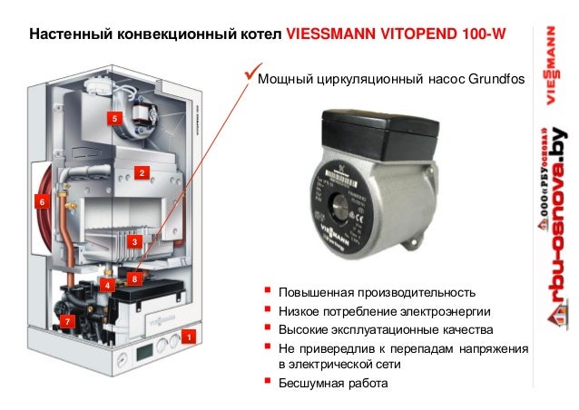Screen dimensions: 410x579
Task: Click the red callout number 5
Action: (x=113, y=119)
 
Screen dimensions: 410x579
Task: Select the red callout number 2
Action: (x=142, y=172)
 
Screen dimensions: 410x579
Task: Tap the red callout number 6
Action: (x=40, y=201)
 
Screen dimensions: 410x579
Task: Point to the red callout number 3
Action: (x=132, y=242)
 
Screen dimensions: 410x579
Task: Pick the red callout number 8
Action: (x=134, y=278)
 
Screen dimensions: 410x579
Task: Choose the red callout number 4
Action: (x=107, y=286)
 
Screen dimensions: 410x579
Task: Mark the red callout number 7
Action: (x=66, y=322)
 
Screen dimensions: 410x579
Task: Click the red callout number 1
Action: (x=188, y=337)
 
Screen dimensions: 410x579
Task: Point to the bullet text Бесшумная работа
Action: (x=331, y=382)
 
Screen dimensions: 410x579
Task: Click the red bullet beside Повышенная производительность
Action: (x=267, y=292)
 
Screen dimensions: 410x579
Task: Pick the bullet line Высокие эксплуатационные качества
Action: (x=385, y=328)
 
